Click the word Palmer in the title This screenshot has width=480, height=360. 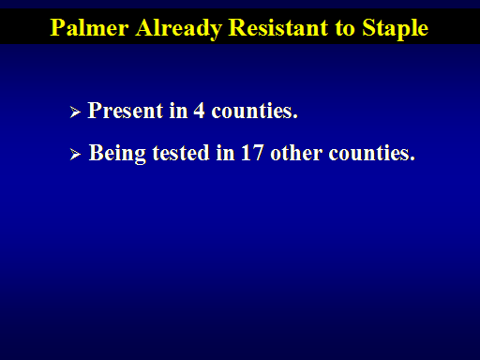89,27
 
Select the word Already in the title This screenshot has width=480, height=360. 178,29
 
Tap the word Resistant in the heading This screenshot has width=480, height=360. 278,27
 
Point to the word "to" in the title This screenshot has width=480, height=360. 345,28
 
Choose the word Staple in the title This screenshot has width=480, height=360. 395,29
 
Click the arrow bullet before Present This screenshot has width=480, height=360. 75,112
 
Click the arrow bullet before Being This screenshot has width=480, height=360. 75,154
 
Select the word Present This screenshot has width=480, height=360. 126,111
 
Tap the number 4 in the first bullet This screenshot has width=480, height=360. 199,111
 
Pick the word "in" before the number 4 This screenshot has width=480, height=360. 178,111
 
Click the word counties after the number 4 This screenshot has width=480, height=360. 255,111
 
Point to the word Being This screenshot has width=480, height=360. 117,154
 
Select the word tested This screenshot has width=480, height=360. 181,153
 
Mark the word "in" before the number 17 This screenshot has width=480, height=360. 225,153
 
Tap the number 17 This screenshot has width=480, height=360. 252,153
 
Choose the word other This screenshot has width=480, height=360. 296,153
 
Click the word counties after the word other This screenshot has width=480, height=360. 372,153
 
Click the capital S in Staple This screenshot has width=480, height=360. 368,28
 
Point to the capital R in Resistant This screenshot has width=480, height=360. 237,28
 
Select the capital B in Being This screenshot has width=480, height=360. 96,153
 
